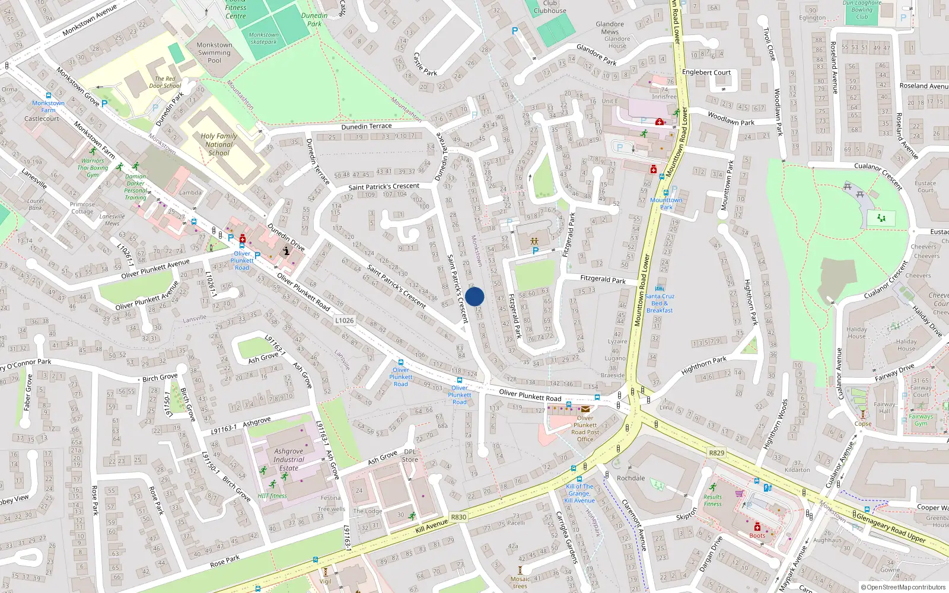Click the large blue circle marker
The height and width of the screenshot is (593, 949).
click(x=474, y=296)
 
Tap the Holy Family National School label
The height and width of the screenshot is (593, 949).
click(x=219, y=144)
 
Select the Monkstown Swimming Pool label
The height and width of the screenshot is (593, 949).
click(x=214, y=53)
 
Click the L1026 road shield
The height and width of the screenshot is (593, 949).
click(x=344, y=320)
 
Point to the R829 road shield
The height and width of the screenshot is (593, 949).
click(x=716, y=452)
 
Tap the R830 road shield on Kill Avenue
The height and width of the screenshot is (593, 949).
click(x=458, y=517)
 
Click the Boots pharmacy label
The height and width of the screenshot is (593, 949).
click(x=757, y=535)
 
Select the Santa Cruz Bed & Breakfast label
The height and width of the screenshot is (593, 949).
click(x=660, y=303)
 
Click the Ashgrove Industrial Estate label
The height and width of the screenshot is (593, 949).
click(x=289, y=460)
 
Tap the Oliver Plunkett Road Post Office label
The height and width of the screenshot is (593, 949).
click(x=585, y=429)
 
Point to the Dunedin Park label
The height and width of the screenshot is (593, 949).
click(x=314, y=20)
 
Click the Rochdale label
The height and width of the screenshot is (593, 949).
click(x=630, y=478)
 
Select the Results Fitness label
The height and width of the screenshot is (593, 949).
click(x=713, y=500)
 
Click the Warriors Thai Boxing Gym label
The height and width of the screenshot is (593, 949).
click(x=93, y=168)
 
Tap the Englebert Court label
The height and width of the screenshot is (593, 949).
click(x=706, y=72)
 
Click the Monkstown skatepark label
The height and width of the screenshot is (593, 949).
click(x=264, y=39)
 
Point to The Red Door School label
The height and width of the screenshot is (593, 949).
click(x=165, y=82)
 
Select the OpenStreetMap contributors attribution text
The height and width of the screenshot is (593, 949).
click(x=903, y=587)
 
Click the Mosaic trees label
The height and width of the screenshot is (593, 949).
click(x=520, y=582)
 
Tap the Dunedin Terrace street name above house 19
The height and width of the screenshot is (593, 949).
click(x=367, y=126)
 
